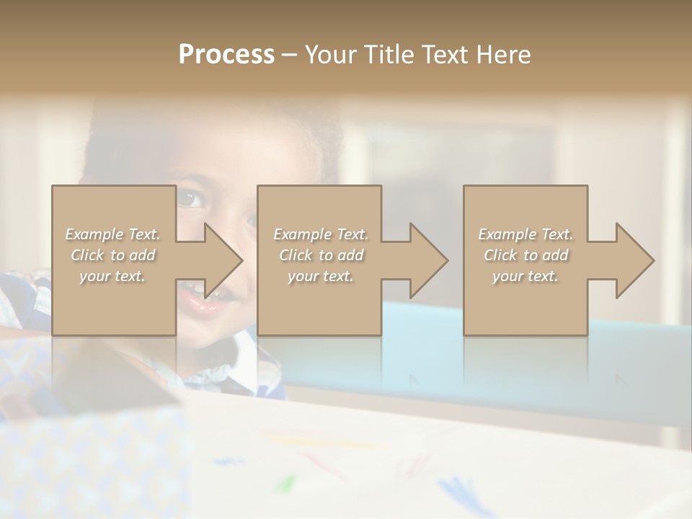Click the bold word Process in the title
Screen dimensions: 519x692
click(x=226, y=55)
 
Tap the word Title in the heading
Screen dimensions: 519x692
click(x=388, y=55)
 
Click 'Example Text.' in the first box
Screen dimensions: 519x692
click(x=113, y=234)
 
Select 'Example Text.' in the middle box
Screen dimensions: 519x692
click(x=321, y=234)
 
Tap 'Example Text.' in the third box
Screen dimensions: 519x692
click(x=525, y=234)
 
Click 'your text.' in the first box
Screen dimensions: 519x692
click(x=113, y=276)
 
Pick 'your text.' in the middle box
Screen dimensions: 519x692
click(x=321, y=276)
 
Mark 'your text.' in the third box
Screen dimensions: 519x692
click(x=525, y=276)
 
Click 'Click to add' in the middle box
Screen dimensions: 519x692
click(x=321, y=255)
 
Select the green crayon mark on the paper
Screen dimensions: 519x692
click(x=288, y=481)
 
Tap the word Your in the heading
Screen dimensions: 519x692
click(x=331, y=55)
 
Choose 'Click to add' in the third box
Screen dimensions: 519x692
click(x=525, y=255)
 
